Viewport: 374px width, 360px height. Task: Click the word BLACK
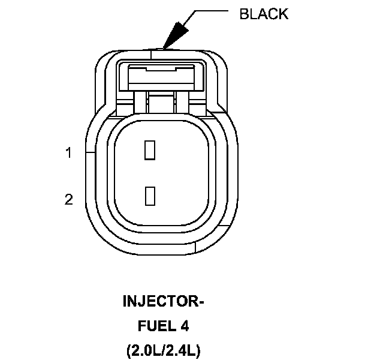[x=264, y=14]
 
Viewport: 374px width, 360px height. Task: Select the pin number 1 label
[x=69, y=153]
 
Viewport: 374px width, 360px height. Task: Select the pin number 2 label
[x=69, y=199]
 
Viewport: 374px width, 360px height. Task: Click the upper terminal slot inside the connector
[x=150, y=150]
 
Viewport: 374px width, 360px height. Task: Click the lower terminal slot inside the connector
[x=150, y=195]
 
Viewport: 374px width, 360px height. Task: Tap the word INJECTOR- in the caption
[x=164, y=301]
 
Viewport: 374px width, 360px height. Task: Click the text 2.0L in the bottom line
[x=144, y=350]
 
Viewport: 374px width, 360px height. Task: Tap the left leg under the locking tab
[x=140, y=101]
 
